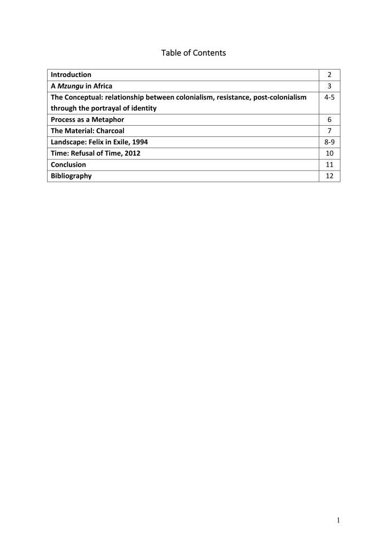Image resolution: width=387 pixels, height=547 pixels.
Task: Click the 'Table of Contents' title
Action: [193, 53]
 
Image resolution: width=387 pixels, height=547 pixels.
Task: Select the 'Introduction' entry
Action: [71, 75]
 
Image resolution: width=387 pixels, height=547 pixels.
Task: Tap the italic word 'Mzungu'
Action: [71, 86]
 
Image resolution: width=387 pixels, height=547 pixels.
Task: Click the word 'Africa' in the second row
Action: [102, 86]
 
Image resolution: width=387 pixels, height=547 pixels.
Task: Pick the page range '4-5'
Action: [329, 97]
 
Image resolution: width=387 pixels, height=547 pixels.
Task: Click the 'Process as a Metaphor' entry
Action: [87, 120]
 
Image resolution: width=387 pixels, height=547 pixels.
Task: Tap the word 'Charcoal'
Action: [110, 131]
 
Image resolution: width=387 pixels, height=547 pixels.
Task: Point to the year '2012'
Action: [131, 153]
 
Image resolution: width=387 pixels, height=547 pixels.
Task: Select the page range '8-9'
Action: [329, 142]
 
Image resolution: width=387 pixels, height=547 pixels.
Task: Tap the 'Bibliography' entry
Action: [71, 176]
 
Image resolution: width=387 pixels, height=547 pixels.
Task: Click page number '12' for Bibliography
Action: [329, 176]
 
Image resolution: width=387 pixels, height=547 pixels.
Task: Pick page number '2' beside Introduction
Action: [329, 75]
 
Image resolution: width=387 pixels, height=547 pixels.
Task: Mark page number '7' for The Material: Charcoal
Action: [329, 131]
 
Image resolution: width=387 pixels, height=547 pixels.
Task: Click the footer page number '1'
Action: [338, 520]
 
